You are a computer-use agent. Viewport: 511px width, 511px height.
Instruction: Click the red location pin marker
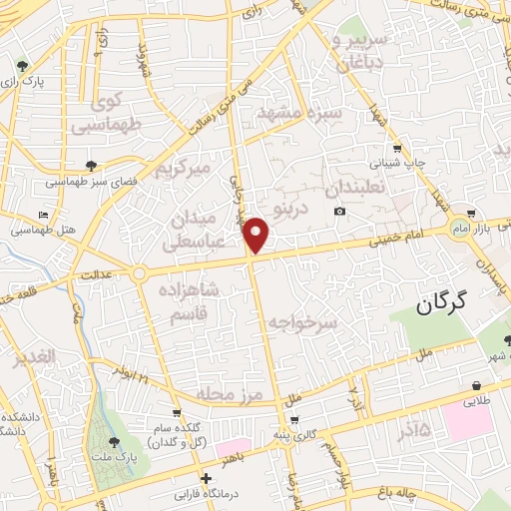point(256,235)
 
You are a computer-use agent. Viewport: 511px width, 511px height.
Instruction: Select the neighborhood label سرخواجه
point(304,321)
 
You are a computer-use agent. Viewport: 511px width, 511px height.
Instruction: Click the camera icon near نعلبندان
point(340,212)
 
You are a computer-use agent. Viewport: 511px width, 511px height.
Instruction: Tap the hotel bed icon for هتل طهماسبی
point(41,216)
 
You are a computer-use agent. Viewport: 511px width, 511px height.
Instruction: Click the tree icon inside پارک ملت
point(111,440)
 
